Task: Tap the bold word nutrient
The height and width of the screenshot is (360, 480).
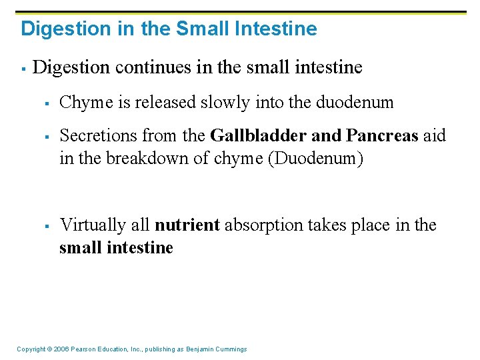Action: point(187,225)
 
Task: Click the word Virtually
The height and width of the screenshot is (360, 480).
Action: point(89,225)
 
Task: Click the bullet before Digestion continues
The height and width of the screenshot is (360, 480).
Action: point(23,68)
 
